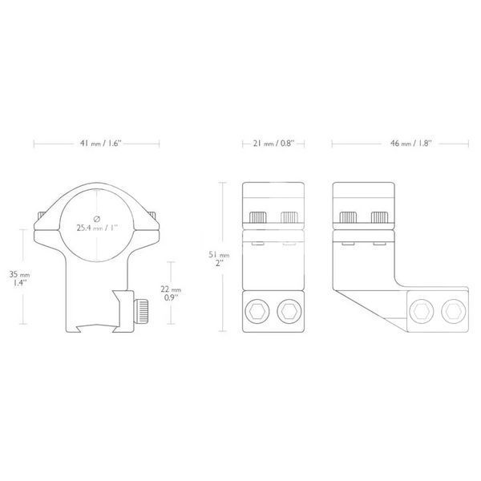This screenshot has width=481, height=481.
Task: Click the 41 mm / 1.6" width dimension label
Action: (x=101, y=143)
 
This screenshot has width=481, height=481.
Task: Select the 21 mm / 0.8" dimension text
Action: (x=273, y=143)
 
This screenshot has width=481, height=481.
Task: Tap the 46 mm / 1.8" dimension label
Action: (x=410, y=143)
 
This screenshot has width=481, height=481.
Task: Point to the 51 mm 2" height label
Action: (x=219, y=259)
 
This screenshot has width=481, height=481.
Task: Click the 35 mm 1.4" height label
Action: (x=19, y=278)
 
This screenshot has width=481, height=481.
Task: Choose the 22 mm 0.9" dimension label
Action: (x=171, y=293)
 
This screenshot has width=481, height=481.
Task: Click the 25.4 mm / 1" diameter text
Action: (x=97, y=228)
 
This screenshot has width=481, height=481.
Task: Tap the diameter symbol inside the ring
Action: (x=97, y=219)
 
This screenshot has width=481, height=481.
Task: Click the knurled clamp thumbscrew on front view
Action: (x=141, y=311)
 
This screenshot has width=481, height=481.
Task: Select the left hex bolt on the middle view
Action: (x=257, y=311)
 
